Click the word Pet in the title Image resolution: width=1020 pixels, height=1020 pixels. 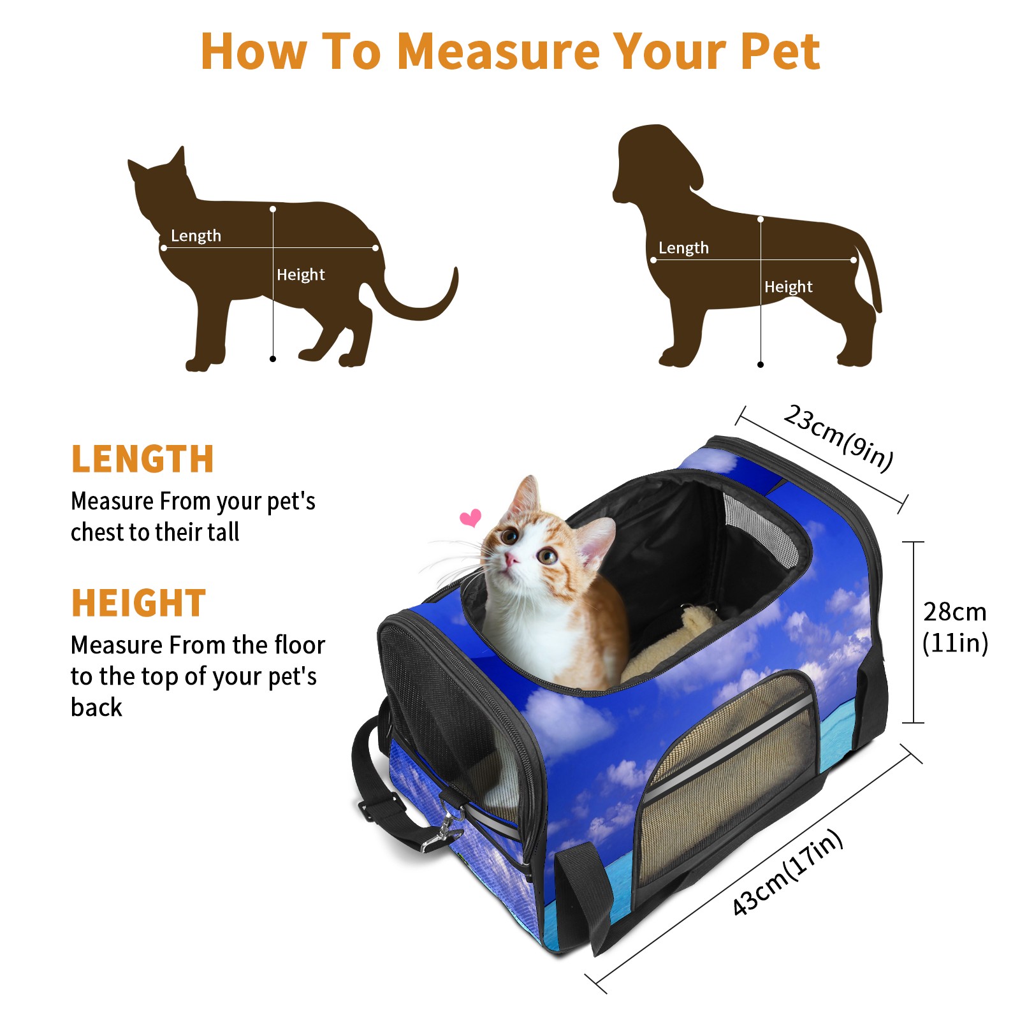[780, 50]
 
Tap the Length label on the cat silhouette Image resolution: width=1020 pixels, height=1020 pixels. [196, 236]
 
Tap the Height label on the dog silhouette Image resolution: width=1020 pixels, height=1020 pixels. [789, 287]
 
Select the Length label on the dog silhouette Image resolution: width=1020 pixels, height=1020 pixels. [683, 248]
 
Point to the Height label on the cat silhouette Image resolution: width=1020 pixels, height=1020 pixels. [301, 275]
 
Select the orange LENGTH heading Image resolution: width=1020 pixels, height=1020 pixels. [142, 459]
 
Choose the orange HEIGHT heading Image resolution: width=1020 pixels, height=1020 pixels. [138, 603]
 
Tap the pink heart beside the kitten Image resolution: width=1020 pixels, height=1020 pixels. [470, 518]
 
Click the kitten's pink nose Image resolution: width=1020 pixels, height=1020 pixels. [511, 560]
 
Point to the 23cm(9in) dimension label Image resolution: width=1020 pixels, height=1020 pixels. [838, 437]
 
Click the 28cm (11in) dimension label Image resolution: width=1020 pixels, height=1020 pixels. [955, 627]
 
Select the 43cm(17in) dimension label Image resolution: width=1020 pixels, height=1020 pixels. [787, 872]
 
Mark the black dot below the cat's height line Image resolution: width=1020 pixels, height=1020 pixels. [273, 359]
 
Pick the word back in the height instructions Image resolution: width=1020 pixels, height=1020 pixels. [96, 707]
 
